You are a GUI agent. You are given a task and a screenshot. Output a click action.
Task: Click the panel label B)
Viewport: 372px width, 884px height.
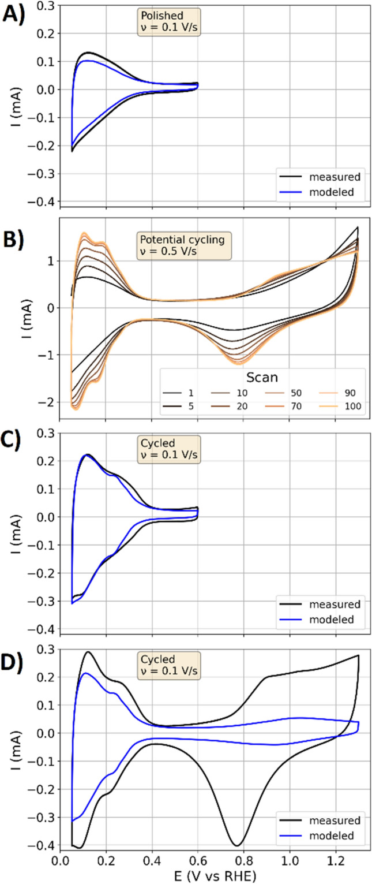[14, 229]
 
